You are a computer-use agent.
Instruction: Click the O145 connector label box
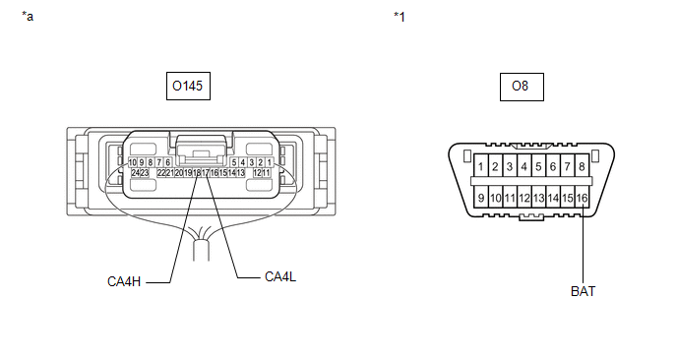188,86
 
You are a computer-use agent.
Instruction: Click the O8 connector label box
522,87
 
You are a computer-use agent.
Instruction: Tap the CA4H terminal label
124,282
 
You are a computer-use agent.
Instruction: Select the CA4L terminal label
280,276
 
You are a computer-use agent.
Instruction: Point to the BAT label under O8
583,291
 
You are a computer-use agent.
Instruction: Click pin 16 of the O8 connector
582,198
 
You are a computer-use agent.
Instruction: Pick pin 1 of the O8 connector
481,166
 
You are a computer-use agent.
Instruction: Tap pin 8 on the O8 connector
582,166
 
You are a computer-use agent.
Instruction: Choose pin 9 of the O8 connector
481,198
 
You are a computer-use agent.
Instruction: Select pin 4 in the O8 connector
524,166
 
